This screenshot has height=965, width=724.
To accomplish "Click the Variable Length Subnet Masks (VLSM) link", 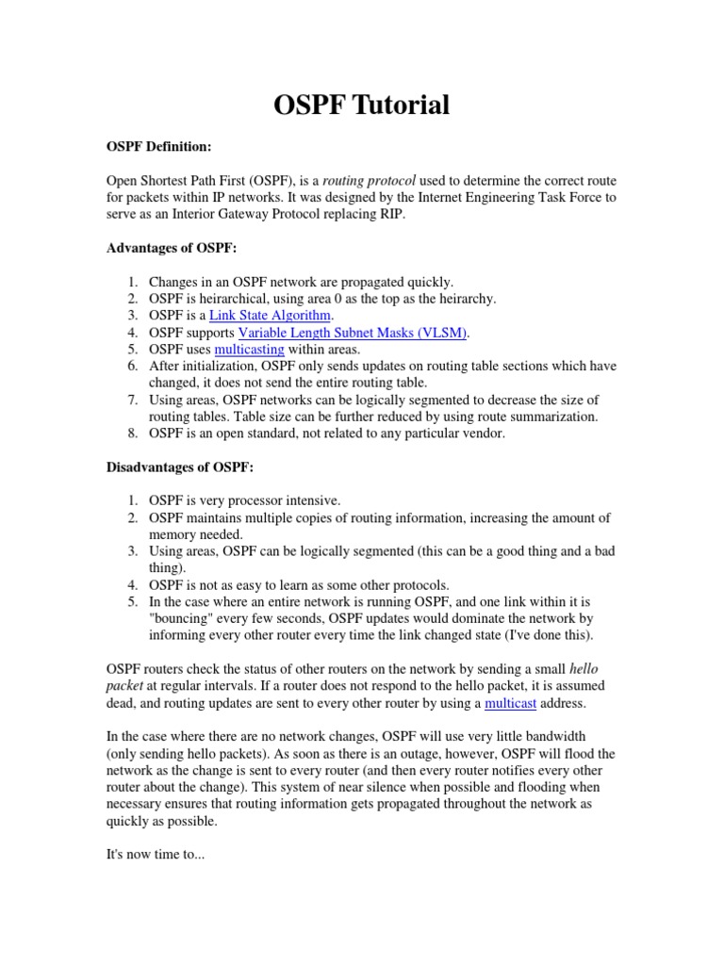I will (x=353, y=332).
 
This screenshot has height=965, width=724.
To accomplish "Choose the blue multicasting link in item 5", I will (x=249, y=349).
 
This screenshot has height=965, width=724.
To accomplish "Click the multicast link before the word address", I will (x=517, y=703).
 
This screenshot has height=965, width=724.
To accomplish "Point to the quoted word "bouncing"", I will (x=183, y=618).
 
